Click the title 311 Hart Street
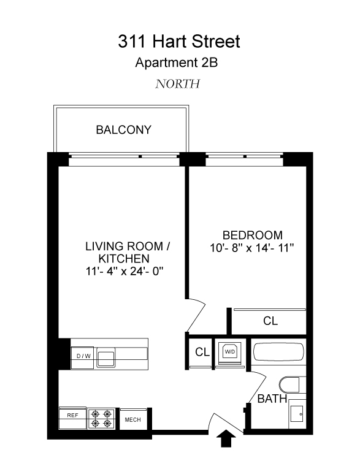coord(179,42)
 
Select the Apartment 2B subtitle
coord(178,62)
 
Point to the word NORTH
coord(178,84)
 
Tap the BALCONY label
coord(123,130)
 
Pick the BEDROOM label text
coord(252,235)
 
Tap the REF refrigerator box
coord(72,415)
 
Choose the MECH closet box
coord(133,419)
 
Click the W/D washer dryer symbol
coord(229,352)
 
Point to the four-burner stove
coord(102,418)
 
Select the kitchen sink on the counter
coord(105,357)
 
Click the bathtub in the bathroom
coord(278,354)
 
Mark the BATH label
coord(271,399)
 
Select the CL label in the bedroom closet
coord(270,321)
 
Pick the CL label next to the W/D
coord(201,352)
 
